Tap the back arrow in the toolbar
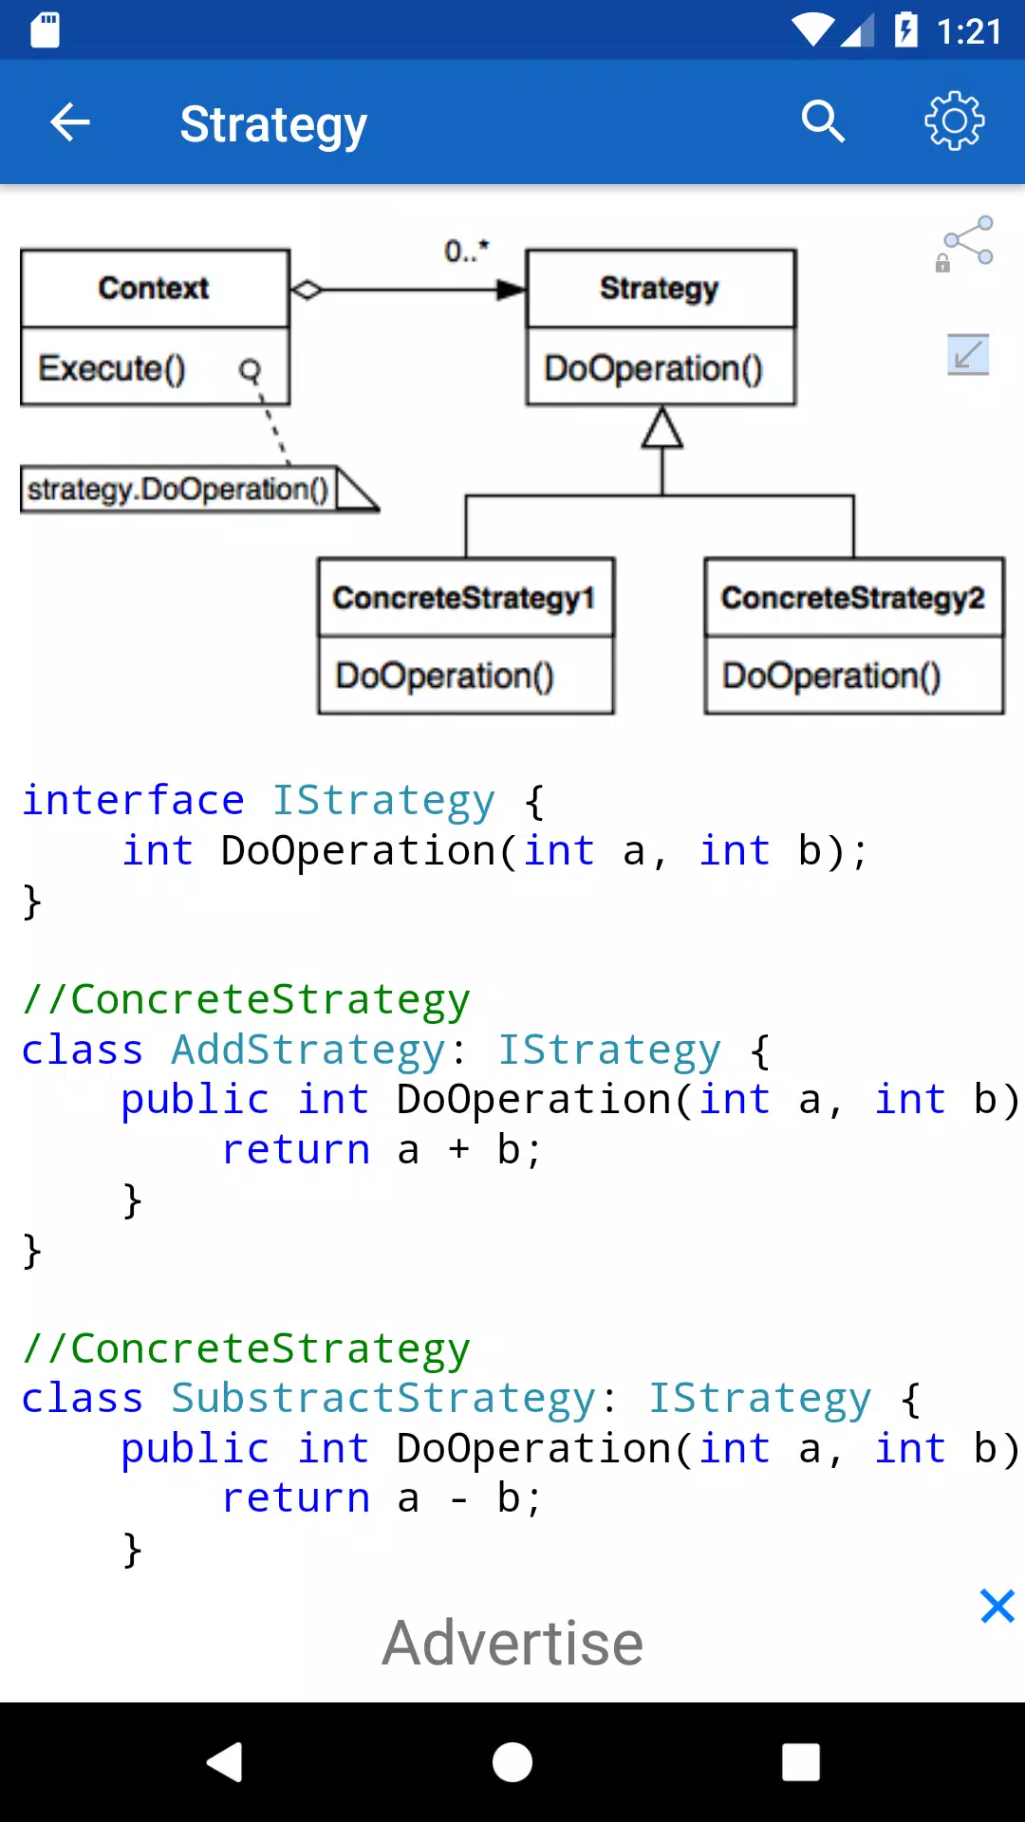pos(69,122)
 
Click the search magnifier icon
pos(822,121)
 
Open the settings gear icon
pos(955,121)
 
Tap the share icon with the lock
pos(964,244)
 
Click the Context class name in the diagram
pos(154,288)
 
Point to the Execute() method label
pos(112,368)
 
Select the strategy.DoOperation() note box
pos(199,490)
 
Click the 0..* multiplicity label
pos(466,251)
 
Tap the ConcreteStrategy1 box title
pos(464,598)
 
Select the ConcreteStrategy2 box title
pos(852,598)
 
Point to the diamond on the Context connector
pos(307,289)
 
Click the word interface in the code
pos(133,800)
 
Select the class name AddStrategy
pos(308,1050)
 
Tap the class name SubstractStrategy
pos(383,1399)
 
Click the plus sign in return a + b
pos(459,1149)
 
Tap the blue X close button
pos(997,1607)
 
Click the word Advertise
pos(512,1643)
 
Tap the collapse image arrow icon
pos(968,355)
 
